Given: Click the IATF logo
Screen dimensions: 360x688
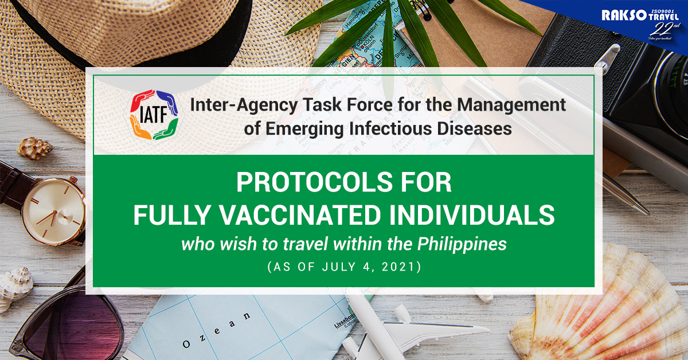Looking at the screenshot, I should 153,115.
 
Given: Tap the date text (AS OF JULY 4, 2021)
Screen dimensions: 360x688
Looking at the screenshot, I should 344,267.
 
